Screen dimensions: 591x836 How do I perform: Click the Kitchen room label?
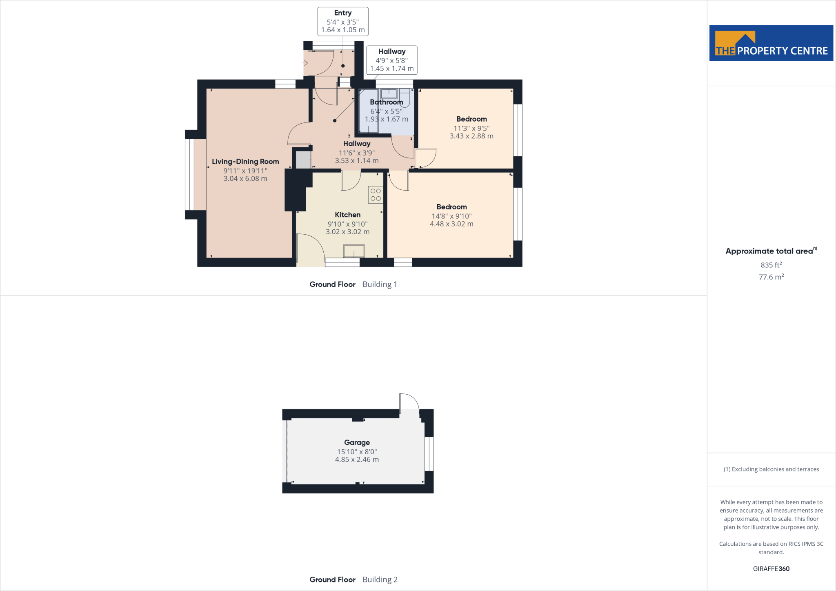point(347,215)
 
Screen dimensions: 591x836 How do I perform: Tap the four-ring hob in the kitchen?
point(376,195)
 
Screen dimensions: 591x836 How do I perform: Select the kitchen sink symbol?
point(354,251)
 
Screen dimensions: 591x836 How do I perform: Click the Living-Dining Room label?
point(245,162)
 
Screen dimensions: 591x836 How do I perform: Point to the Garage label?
point(357,442)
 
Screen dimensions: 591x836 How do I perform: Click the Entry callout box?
point(343,21)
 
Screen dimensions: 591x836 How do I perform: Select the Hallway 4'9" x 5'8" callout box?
point(391,60)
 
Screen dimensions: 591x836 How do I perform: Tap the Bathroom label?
point(386,102)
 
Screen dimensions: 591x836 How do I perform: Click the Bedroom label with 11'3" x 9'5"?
point(471,119)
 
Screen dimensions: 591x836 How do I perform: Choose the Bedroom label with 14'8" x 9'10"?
point(451,207)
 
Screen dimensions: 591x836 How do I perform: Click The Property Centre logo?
point(771,43)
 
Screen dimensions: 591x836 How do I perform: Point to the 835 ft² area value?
point(771,265)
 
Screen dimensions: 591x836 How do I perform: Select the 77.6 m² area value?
point(771,277)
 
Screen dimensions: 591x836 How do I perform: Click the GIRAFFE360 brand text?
point(771,569)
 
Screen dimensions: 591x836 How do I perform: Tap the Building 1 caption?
point(380,284)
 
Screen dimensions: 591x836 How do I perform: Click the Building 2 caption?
point(380,580)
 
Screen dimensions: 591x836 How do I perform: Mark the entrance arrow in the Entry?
point(305,63)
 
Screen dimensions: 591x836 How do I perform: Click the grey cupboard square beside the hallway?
point(303,160)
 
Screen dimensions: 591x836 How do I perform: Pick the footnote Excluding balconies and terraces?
point(771,469)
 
